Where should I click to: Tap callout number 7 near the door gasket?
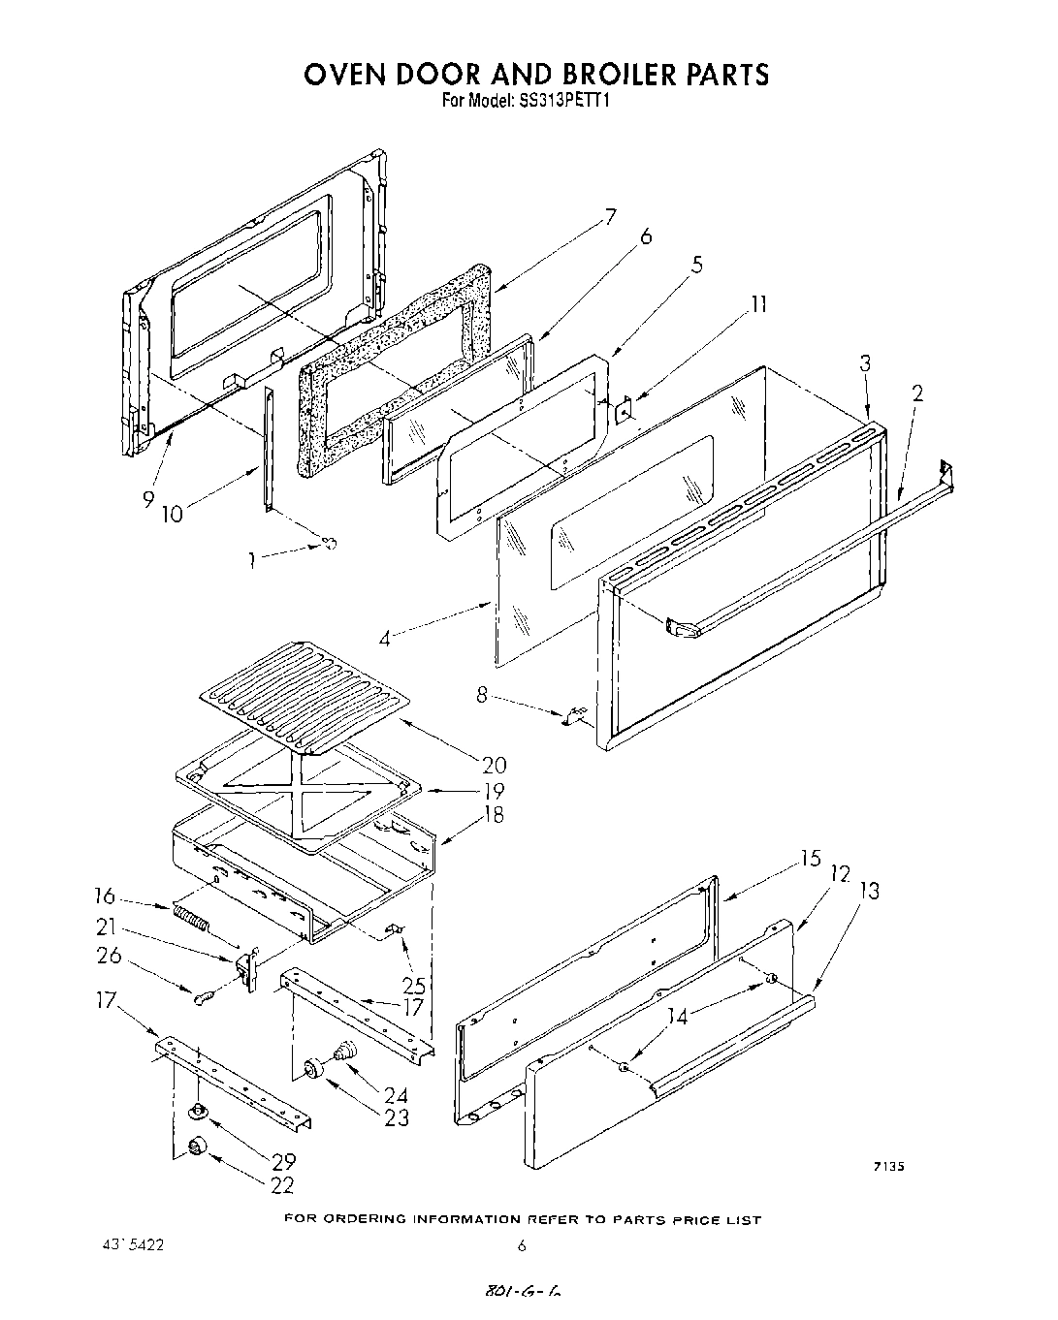point(609,217)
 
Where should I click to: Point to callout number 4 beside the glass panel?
point(385,641)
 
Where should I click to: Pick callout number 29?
point(284,1160)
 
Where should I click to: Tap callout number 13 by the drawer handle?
point(870,891)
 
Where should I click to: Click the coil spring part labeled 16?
point(191,917)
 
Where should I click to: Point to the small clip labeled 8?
point(572,717)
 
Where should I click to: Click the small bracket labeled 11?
point(624,411)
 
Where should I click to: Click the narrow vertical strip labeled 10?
point(268,446)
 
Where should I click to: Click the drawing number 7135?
point(887,1168)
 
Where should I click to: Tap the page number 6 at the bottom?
point(522,1245)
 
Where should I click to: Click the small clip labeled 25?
point(395,931)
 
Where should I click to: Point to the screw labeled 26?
point(204,999)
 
